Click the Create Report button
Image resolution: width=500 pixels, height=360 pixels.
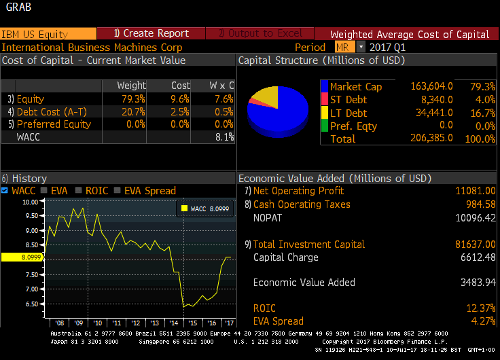pyautogui.click(x=151, y=33)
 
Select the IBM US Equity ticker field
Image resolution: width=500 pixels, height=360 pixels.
pyautogui.click(x=35, y=34)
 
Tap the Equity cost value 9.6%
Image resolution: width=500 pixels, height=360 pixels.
pyautogui.click(x=181, y=99)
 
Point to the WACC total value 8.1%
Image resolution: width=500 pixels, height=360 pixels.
pyautogui.click(x=225, y=137)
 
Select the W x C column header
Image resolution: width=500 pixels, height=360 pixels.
pyautogui.click(x=221, y=86)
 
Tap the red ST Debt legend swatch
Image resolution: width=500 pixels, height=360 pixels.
pyautogui.click(x=325, y=100)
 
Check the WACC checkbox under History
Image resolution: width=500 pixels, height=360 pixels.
pyautogui.click(x=5, y=191)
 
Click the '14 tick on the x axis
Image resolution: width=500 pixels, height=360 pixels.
pyautogui.click(x=175, y=323)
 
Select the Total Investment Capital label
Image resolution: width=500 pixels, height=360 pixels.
pyautogui.click(x=308, y=244)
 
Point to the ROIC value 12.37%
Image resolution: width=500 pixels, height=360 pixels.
pyautogui.click(x=479, y=308)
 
